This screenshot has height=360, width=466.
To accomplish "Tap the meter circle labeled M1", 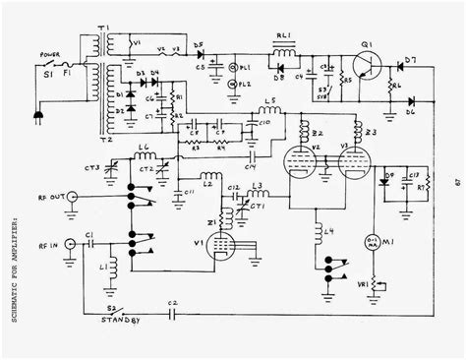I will pyautogui.click(x=374, y=243).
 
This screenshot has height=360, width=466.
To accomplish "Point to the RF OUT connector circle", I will pyautogui.click(x=70, y=198).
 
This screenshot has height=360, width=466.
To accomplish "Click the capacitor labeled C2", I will pyautogui.click(x=172, y=308).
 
